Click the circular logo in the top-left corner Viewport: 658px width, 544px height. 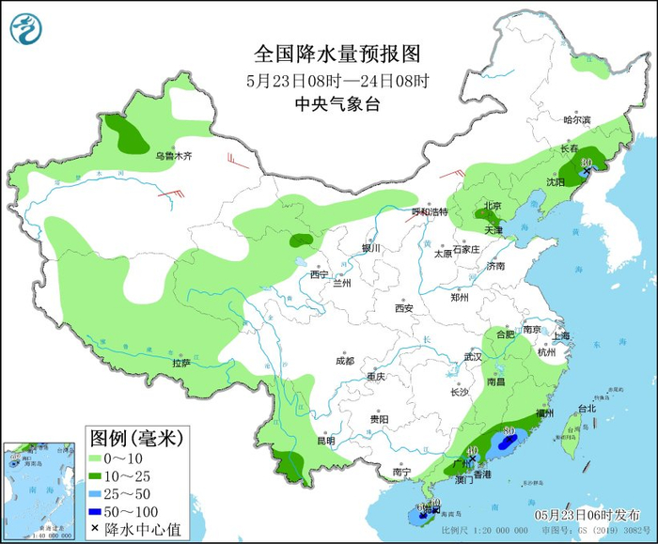click(27, 28)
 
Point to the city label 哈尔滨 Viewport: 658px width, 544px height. click(576, 120)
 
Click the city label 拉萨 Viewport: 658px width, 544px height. click(181, 362)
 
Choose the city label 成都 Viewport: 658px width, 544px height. click(344, 361)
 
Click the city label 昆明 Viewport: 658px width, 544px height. click(325, 441)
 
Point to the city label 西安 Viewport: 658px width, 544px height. click(404, 307)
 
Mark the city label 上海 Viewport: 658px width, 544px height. click(562, 335)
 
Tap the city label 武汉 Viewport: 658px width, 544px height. click(472, 357)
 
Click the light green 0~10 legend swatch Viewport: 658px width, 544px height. click(98, 458)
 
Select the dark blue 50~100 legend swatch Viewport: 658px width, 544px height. click(98, 511)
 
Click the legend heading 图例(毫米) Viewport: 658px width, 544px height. click(136, 437)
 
